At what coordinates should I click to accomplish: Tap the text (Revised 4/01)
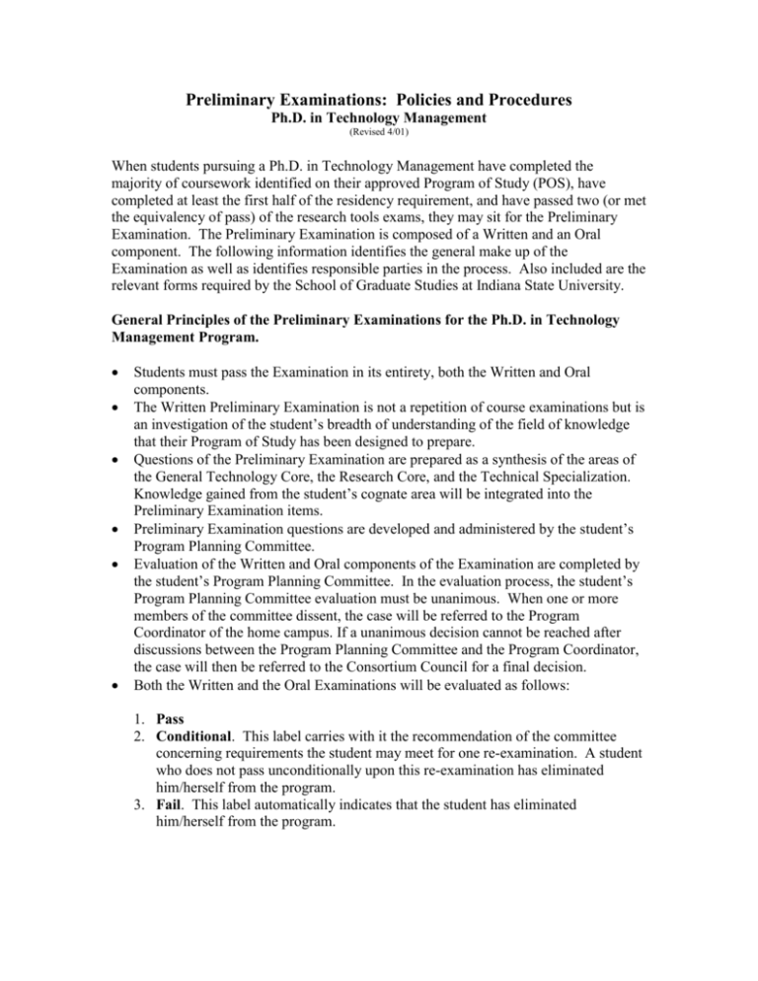coord(379,140)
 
